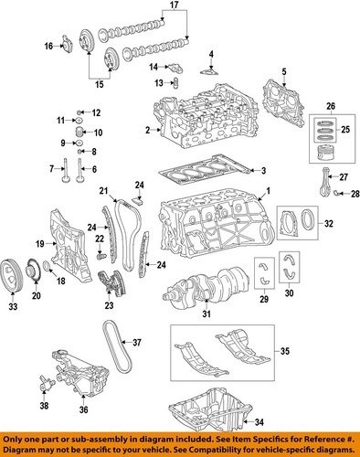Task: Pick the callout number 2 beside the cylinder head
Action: pyautogui.click(x=145, y=131)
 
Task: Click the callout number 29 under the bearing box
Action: pyautogui.click(x=263, y=300)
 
